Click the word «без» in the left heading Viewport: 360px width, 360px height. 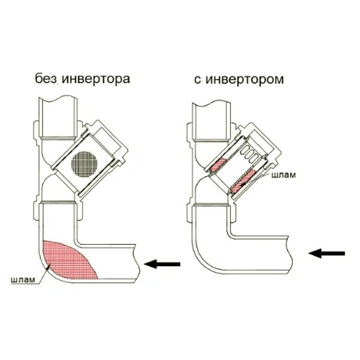click(46, 78)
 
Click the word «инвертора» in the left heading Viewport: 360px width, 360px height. click(96, 78)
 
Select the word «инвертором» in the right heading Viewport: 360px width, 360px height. click(244, 79)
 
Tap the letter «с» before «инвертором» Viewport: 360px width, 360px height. click(197, 80)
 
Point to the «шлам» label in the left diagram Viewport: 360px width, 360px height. click(23, 280)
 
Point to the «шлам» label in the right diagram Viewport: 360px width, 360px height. click(284, 175)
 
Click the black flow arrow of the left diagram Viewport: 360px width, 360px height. click(162, 264)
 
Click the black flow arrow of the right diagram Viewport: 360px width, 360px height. click(327, 254)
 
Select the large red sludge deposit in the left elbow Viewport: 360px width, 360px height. click(69, 260)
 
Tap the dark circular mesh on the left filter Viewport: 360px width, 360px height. click(85, 164)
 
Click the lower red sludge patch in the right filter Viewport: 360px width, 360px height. click(244, 181)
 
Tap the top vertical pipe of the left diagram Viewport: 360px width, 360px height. click(58, 117)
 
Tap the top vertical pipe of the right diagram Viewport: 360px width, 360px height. click(211, 121)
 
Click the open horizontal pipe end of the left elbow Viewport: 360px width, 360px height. click(135, 264)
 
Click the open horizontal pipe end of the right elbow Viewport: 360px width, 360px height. click(289, 254)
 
